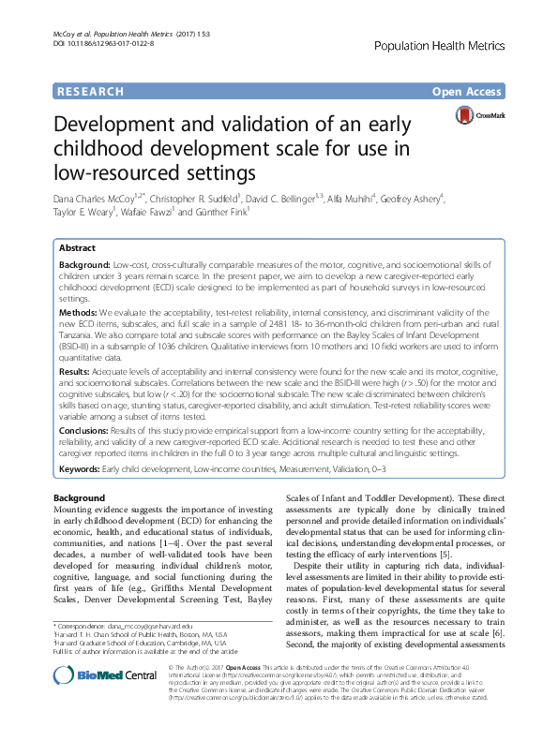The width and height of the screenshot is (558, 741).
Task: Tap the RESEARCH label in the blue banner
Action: pyautogui.click(x=90, y=92)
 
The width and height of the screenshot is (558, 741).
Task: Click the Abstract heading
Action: pyautogui.click(x=77, y=248)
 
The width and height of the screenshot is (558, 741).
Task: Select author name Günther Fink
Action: pyautogui.click(x=221, y=213)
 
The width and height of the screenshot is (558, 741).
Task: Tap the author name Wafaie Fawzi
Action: pyautogui.click(x=146, y=213)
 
